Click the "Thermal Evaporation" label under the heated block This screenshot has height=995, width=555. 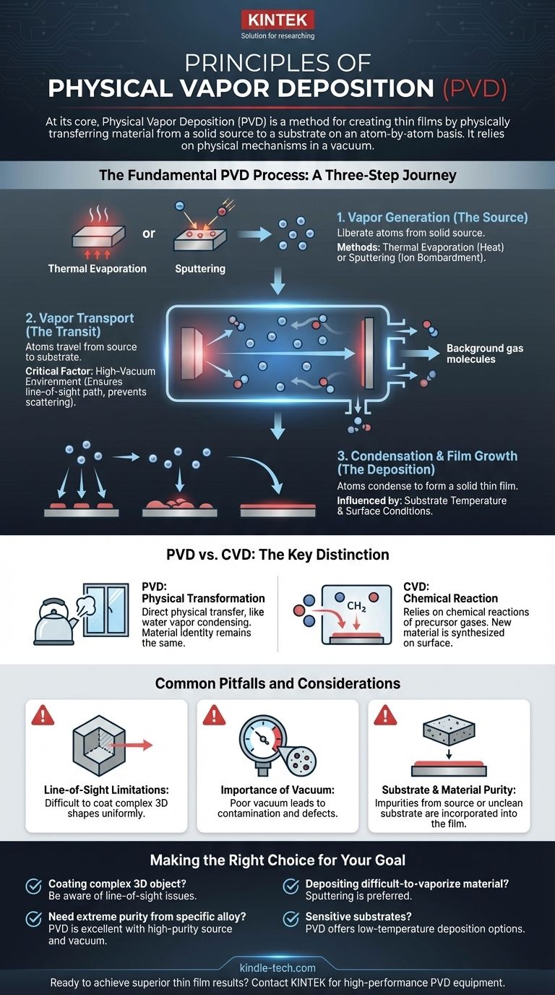coord(98,269)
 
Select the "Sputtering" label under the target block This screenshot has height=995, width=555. coord(201,269)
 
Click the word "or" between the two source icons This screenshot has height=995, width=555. coord(149,234)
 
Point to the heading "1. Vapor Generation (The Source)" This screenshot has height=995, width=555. coord(432,217)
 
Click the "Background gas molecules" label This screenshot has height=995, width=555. coord(484,354)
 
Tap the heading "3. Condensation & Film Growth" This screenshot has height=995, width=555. coord(427,456)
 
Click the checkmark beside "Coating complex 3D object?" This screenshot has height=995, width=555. coord(33,886)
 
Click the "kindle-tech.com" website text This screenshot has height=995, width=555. coord(277,967)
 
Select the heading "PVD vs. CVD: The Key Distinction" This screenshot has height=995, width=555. coord(277,555)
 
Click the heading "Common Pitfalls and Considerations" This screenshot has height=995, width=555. coord(277,683)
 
